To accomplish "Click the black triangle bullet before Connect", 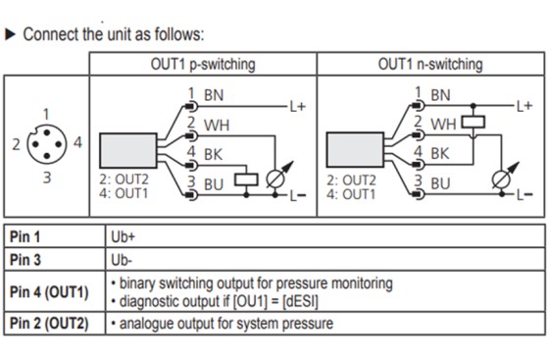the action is click(x=10, y=34).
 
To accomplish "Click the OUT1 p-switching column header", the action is click(x=203, y=65).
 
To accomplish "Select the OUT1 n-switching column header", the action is click(x=430, y=65).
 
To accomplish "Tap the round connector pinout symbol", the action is click(x=47, y=144).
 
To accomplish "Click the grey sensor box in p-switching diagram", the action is click(x=128, y=150).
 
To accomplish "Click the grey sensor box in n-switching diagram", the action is click(x=355, y=149).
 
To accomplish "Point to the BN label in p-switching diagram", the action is click(x=214, y=95).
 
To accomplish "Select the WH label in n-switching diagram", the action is click(x=443, y=125).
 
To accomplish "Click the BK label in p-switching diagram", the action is click(x=214, y=154).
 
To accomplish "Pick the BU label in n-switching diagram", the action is click(x=440, y=183).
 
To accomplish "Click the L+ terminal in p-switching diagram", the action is click(x=298, y=106).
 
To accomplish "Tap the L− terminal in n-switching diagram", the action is click(x=524, y=194).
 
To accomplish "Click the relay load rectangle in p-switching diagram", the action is click(x=246, y=180).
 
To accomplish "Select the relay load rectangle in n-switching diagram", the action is click(x=473, y=123).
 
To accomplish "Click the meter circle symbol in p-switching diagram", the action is click(x=275, y=180).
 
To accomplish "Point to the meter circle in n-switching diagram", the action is click(x=501, y=180).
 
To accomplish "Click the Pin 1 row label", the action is click(x=25, y=236).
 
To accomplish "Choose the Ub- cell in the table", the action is click(x=122, y=260).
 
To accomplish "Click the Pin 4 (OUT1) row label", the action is click(x=49, y=291).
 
